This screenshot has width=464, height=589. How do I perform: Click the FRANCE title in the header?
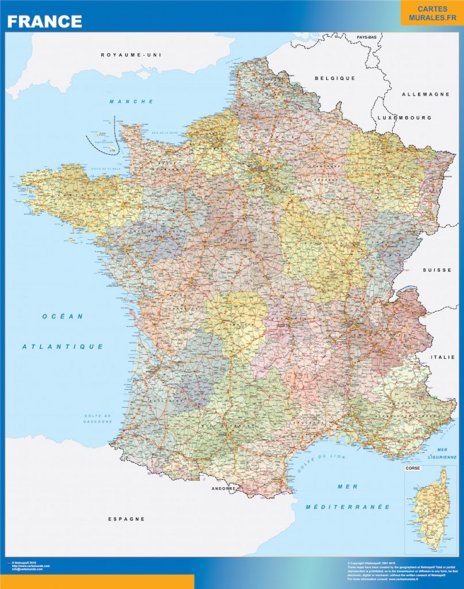(45, 21)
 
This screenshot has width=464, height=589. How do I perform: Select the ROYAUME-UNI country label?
(132, 55)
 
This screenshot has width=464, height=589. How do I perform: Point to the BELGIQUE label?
(335, 78)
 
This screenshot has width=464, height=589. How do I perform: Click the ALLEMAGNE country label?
(426, 94)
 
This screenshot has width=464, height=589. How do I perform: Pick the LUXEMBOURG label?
(404, 117)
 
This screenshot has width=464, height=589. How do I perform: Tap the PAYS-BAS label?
(366, 37)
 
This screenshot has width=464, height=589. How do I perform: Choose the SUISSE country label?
(437, 270)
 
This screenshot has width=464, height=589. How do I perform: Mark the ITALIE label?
(443, 357)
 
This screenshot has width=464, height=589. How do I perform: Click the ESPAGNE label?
(126, 519)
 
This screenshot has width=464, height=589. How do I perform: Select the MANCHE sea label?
(132, 102)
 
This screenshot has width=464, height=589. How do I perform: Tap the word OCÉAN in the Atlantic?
(63, 316)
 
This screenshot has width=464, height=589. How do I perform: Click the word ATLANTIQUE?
(63, 347)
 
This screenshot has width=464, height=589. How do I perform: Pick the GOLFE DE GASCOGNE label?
(97, 419)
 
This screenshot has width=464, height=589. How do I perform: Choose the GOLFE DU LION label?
(314, 462)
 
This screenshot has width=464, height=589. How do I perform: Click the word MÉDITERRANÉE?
(348, 507)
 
